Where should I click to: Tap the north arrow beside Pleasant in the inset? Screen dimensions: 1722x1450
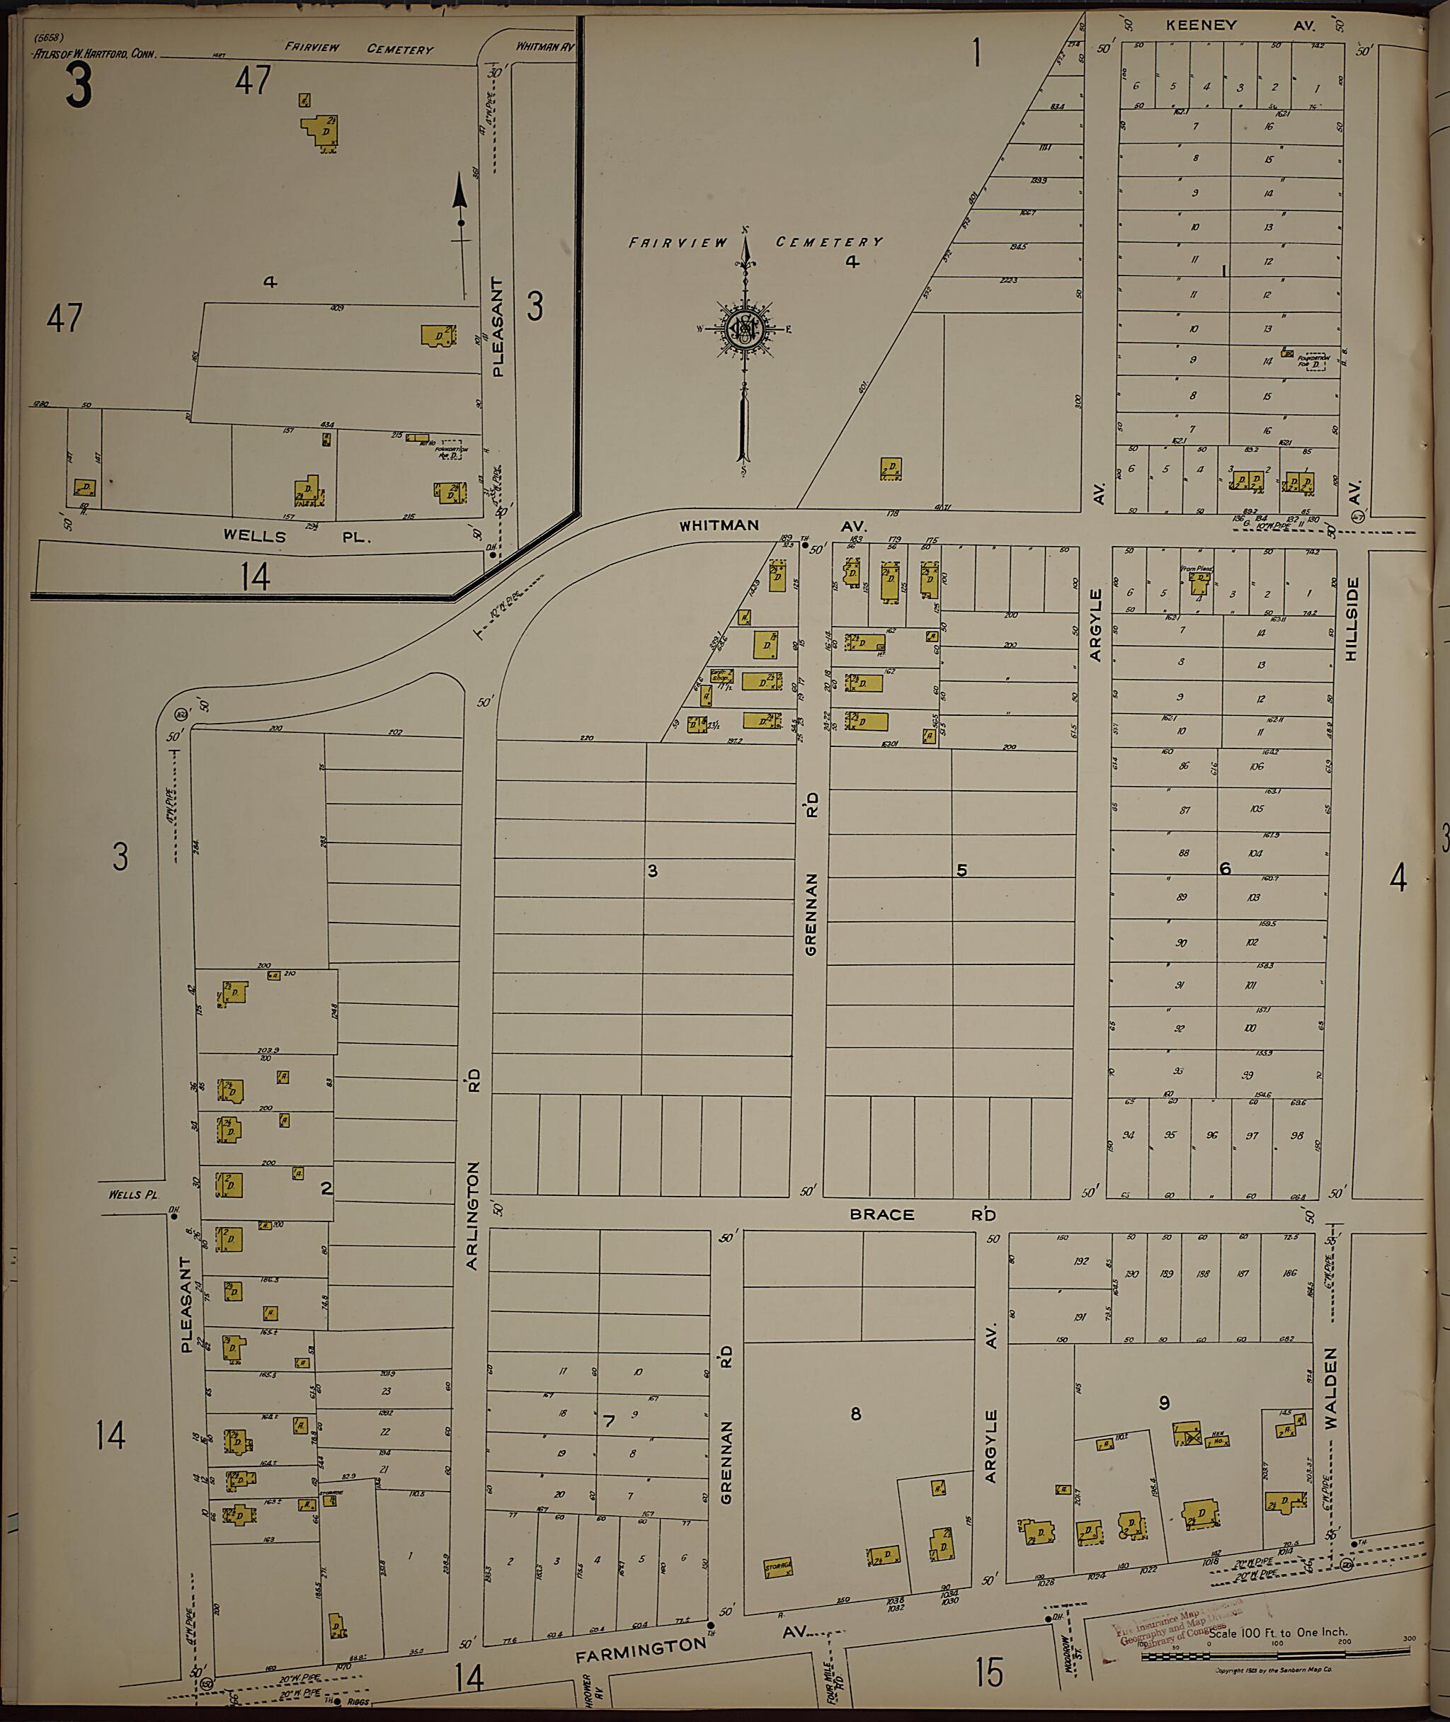pos(460,222)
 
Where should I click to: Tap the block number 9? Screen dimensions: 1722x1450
pos(1164,1403)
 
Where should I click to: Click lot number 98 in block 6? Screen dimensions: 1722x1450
pos(1296,1135)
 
